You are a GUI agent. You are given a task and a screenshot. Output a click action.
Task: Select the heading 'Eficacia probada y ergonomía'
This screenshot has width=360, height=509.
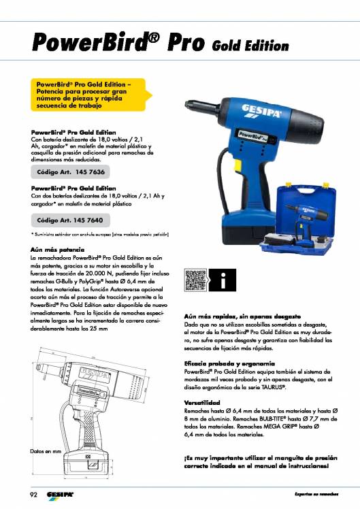click(x=229, y=363)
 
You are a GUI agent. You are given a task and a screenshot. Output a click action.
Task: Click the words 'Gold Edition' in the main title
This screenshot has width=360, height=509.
click(x=250, y=46)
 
